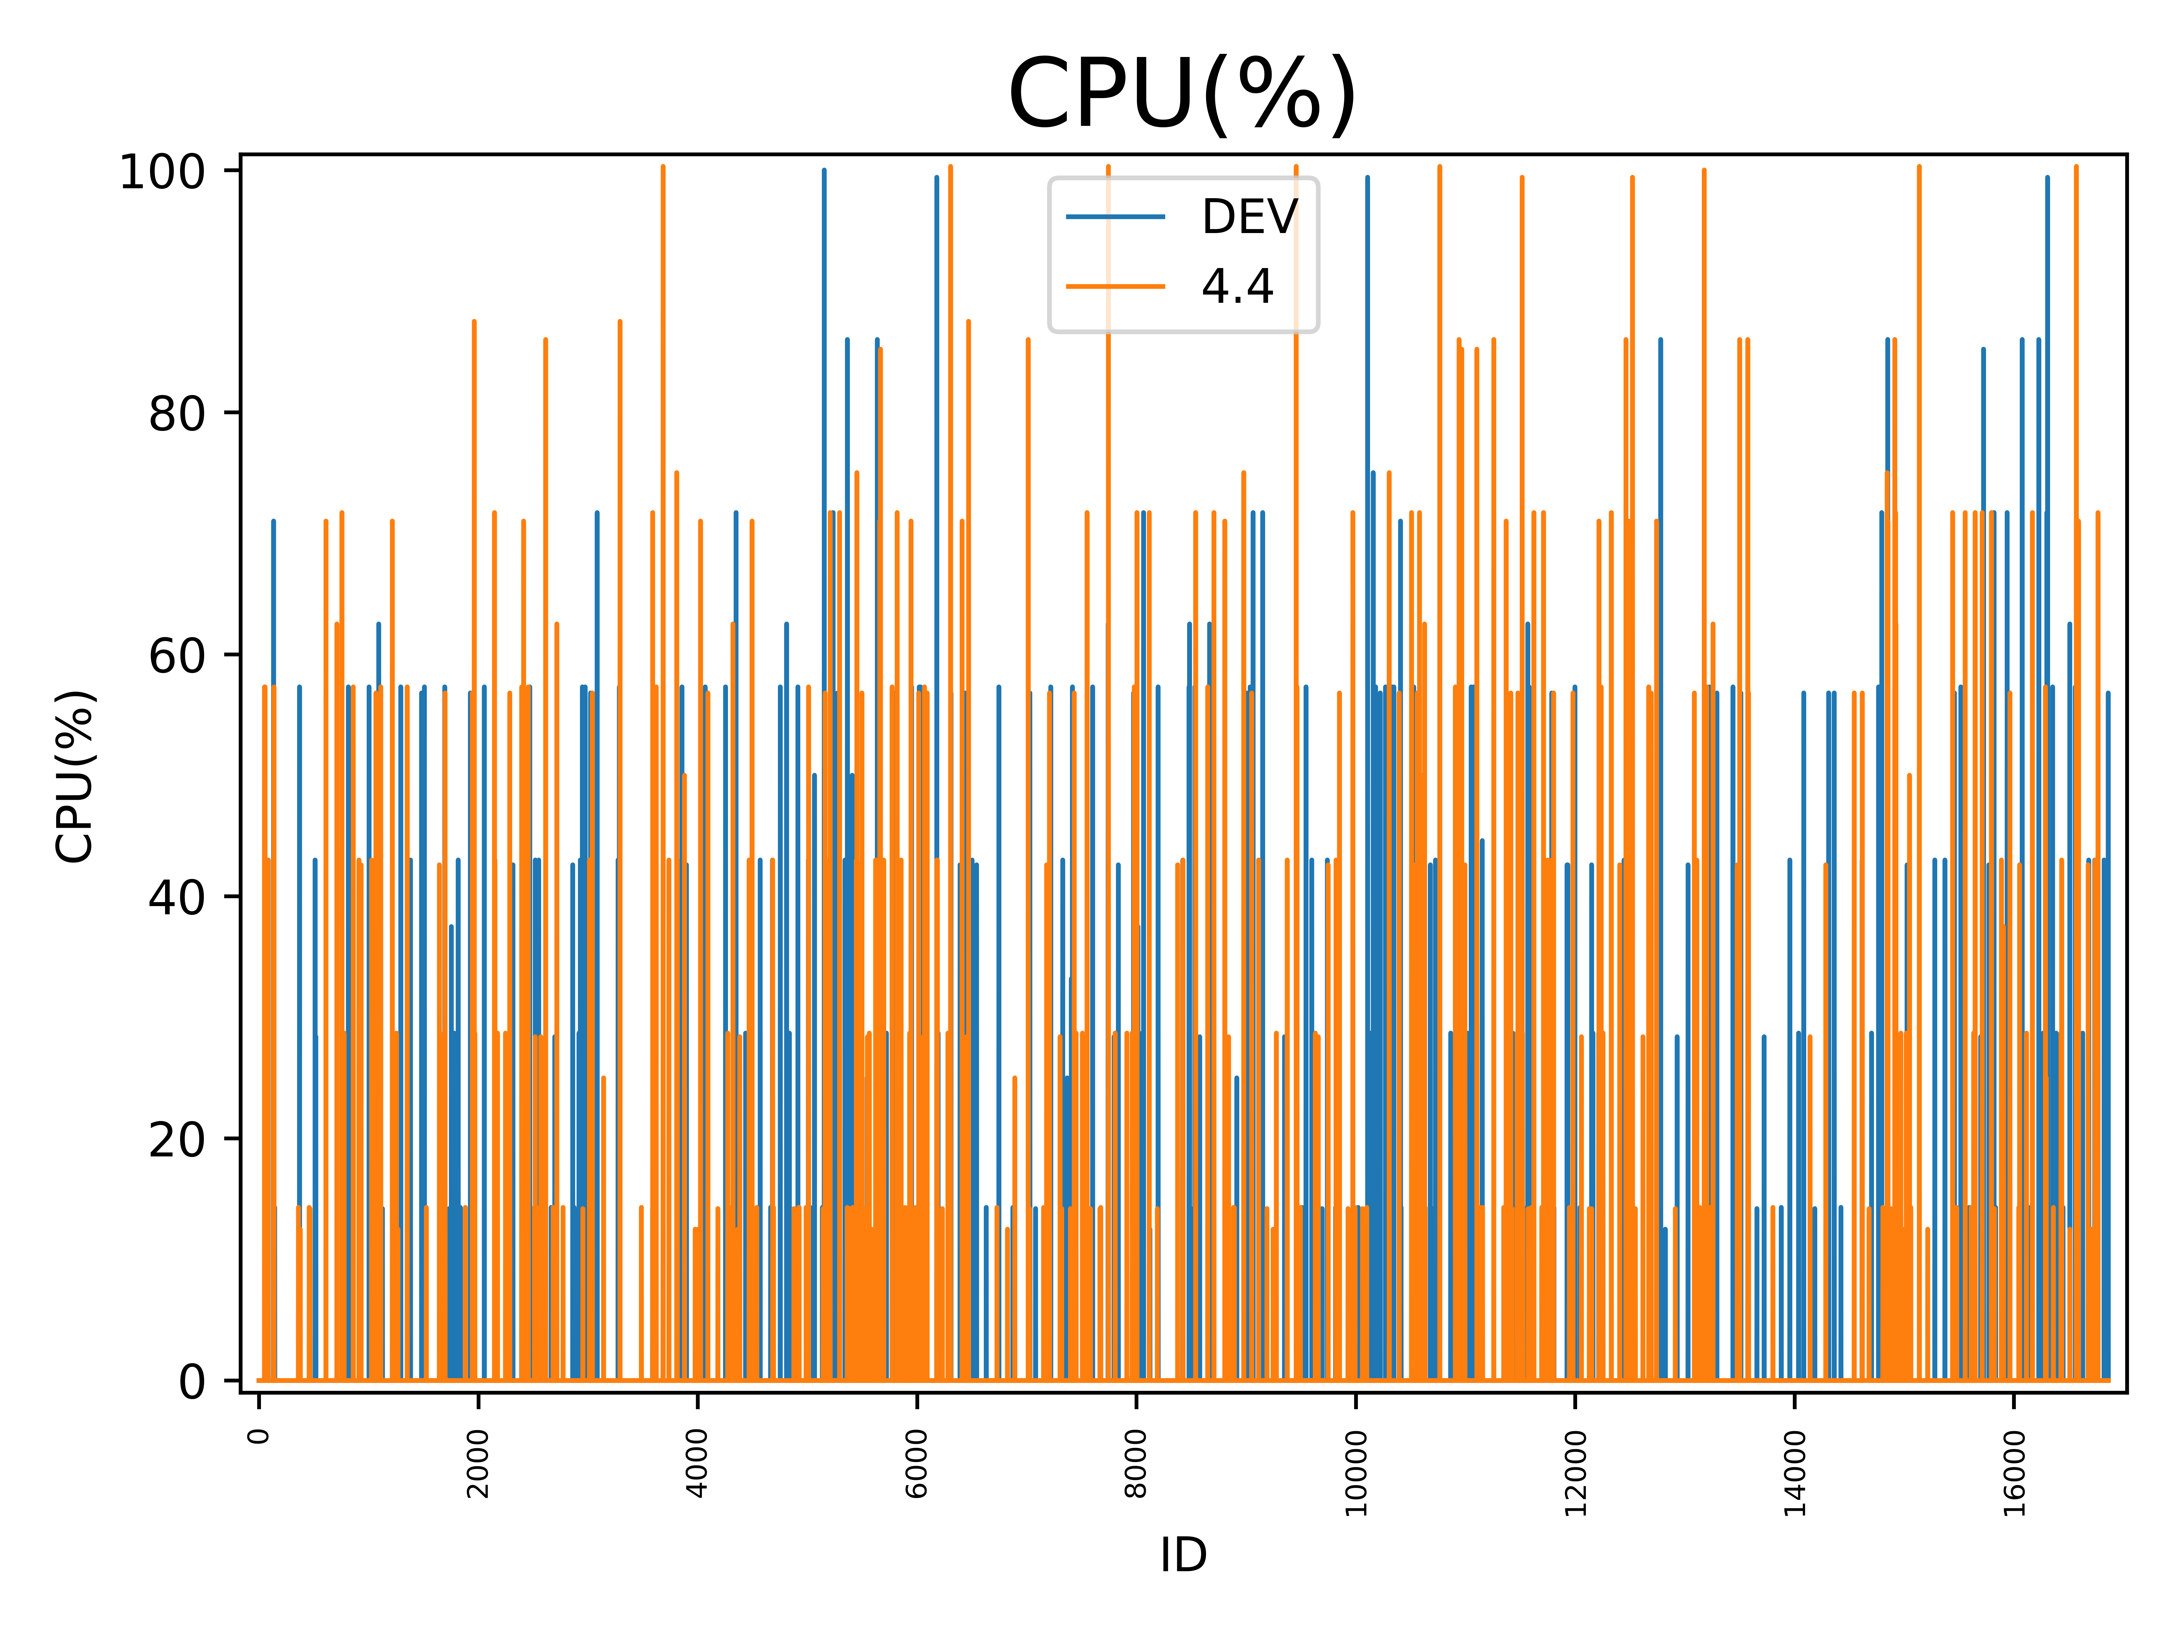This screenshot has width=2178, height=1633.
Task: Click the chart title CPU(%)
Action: pyautogui.click(x=1183, y=94)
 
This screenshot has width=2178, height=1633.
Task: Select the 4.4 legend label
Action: pyautogui.click(x=1237, y=286)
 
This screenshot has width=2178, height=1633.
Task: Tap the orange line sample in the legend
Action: pyautogui.click(x=1116, y=286)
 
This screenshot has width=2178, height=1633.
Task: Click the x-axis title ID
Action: pyautogui.click(x=1183, y=1555)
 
